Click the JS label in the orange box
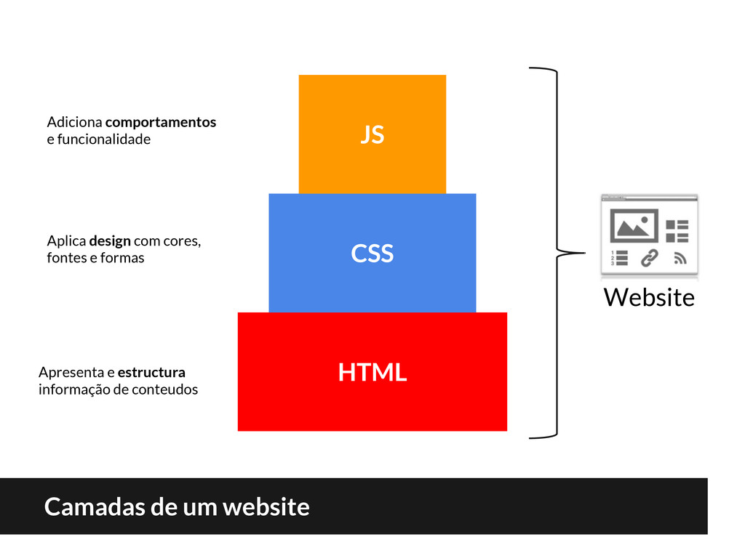372,134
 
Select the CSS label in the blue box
372,254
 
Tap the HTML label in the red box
372,373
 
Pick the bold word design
110,240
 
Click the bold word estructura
151,373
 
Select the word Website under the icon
649,297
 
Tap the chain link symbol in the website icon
648,257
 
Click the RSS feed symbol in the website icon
680,257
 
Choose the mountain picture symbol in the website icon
633,226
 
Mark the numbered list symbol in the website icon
617,258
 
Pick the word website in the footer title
266,506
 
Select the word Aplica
65,240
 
